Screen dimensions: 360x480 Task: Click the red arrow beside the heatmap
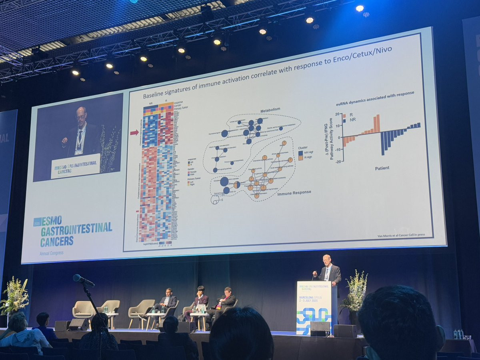click(x=134, y=132)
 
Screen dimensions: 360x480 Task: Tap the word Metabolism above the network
click(x=270, y=110)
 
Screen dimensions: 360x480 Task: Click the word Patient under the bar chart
click(x=382, y=168)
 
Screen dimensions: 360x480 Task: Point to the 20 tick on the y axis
click(x=337, y=114)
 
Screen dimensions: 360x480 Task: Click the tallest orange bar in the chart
click(x=378, y=124)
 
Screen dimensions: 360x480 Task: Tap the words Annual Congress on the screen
click(x=51, y=253)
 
